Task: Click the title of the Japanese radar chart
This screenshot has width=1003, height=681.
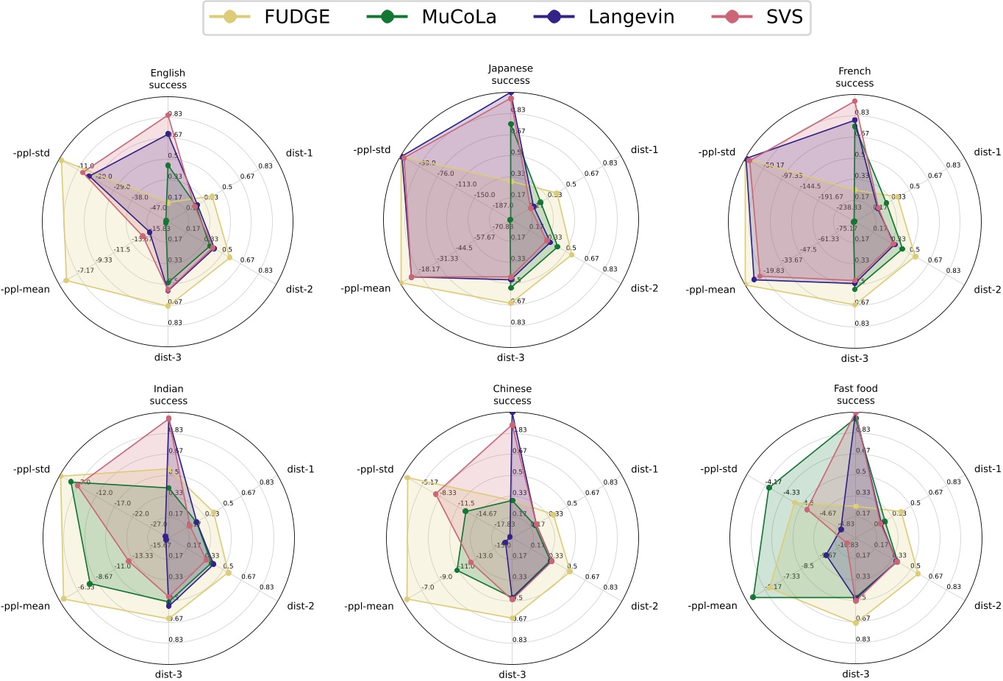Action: [510, 74]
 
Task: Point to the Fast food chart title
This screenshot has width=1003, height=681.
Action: [855, 394]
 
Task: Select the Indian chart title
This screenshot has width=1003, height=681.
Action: [168, 395]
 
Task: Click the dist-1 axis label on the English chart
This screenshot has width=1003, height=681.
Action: [299, 153]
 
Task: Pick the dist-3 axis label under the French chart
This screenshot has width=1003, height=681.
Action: [854, 358]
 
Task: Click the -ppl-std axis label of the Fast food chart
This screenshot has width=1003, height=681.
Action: [718, 469]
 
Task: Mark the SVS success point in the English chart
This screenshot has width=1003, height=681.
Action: [168, 115]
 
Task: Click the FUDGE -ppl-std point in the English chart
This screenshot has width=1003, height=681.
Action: [61, 160]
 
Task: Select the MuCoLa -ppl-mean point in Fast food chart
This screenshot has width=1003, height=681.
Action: [753, 596]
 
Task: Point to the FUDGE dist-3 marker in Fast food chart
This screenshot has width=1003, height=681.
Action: [856, 622]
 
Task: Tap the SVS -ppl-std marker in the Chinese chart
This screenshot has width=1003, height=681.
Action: [435, 493]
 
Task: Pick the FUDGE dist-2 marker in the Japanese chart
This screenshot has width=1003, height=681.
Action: [571, 254]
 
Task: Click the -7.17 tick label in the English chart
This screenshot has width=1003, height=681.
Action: [86, 271]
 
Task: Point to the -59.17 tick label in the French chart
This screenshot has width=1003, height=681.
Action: [774, 165]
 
